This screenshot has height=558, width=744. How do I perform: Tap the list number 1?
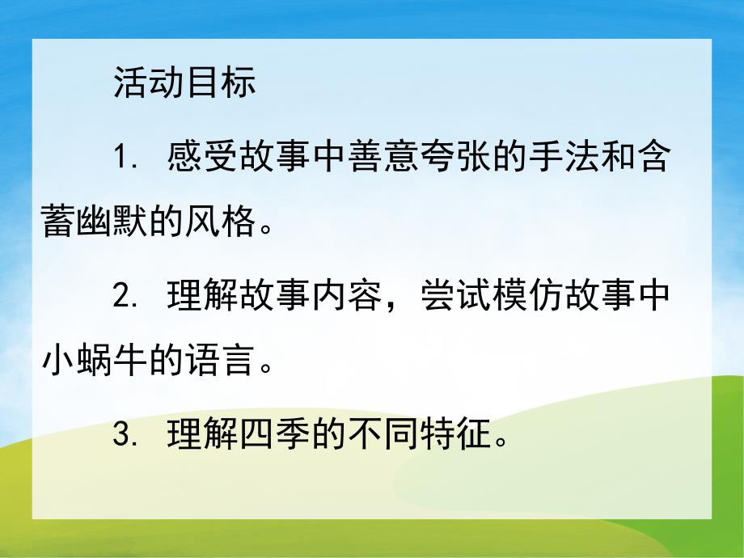[x=122, y=158]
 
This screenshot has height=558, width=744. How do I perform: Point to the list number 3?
[x=122, y=436]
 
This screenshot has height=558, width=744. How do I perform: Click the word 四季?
[x=275, y=436]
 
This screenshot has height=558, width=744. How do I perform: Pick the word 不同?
[x=383, y=436]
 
